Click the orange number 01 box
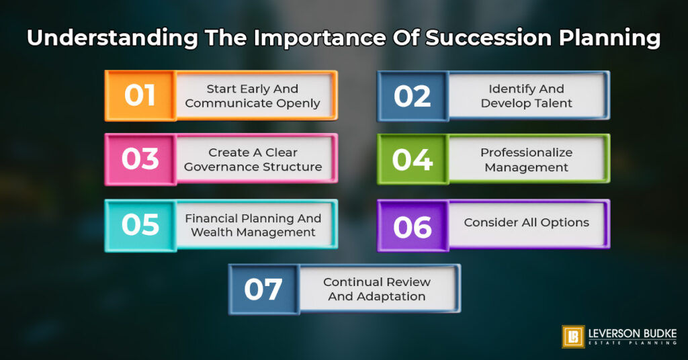click(x=140, y=95)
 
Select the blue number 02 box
click(x=412, y=95)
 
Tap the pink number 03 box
click(x=140, y=160)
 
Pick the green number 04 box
click(x=412, y=160)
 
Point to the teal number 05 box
click(x=140, y=225)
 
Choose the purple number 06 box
click(x=412, y=225)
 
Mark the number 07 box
click(x=263, y=289)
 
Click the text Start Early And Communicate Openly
click(x=253, y=96)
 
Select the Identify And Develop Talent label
click(x=526, y=96)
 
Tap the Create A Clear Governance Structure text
click(x=253, y=160)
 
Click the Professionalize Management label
click(x=526, y=160)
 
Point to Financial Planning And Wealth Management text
click(x=253, y=225)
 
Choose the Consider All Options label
click(x=526, y=222)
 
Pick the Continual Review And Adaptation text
click(x=376, y=289)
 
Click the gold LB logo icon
click(x=573, y=336)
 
